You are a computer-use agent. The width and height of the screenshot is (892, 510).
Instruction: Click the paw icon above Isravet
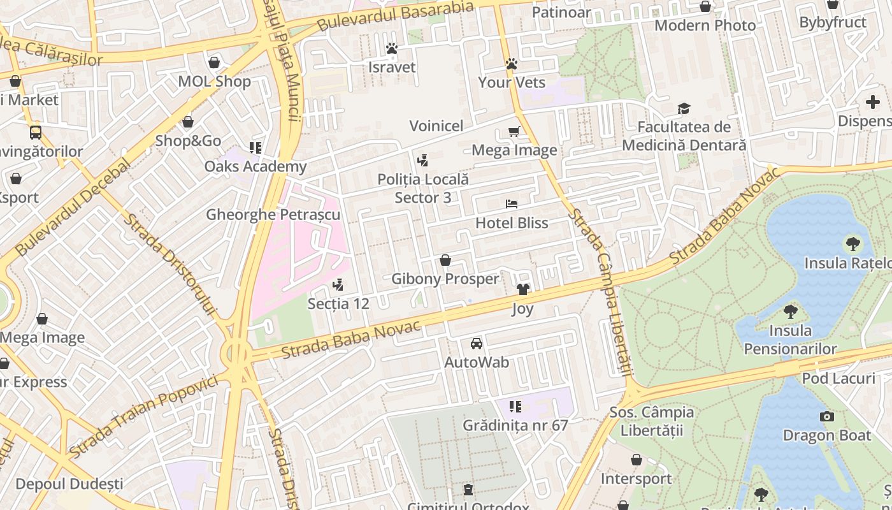(391, 48)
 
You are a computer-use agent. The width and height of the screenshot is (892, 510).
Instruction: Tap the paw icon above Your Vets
(511, 64)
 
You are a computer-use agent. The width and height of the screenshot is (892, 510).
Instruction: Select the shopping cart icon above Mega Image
(514, 131)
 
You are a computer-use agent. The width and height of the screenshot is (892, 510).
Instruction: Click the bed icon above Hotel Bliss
(511, 204)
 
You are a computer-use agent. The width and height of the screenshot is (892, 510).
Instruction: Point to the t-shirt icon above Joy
(522, 289)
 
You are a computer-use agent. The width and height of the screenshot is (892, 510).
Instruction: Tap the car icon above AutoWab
(476, 344)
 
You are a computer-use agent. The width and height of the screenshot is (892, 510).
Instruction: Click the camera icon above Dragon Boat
(826, 416)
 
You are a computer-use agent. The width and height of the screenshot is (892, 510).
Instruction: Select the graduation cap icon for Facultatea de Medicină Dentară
(684, 108)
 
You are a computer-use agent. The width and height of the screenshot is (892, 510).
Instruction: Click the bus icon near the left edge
(36, 133)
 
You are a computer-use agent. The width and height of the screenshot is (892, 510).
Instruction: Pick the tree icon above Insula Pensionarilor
(790, 311)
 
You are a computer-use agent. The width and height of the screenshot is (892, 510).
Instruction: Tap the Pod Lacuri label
(838, 378)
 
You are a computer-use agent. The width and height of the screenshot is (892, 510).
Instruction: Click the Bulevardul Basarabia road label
(395, 16)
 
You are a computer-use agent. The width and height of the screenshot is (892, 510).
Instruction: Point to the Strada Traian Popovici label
(143, 416)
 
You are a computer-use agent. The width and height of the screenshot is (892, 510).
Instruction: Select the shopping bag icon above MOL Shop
(214, 62)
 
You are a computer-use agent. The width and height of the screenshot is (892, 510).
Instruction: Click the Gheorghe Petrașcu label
(273, 215)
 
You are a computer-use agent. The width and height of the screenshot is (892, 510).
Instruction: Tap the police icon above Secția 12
(338, 284)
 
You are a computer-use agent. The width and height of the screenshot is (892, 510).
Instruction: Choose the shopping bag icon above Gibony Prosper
(445, 260)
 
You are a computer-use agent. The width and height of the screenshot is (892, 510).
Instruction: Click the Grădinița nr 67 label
(515, 425)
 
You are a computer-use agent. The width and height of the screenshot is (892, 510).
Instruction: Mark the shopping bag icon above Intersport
(635, 460)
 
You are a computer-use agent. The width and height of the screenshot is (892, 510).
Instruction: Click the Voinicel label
(436, 126)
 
